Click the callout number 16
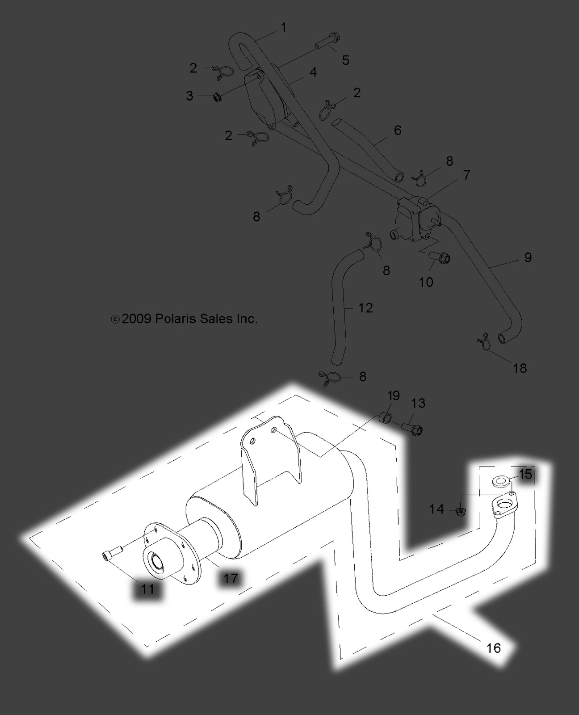tap(494, 648)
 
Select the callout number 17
tap(231, 578)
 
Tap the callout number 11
tap(147, 589)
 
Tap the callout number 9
tap(528, 257)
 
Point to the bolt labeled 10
tap(440, 257)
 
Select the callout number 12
tap(365, 308)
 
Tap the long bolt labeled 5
tap(328, 44)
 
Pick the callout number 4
tap(313, 72)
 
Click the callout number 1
tap(283, 28)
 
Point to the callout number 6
tap(397, 130)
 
